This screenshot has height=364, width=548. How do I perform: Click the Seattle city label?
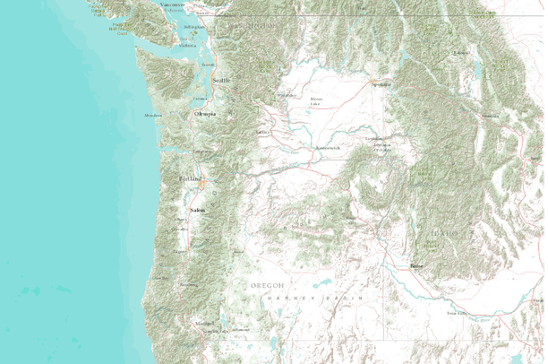coord(220,80)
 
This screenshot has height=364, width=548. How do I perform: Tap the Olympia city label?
coord(205,114)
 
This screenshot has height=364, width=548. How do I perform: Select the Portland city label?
coord(192,178)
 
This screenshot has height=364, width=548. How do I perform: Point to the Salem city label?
coord(197,210)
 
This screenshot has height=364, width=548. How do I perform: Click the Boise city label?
coord(415,266)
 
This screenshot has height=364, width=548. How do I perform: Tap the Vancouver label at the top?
coord(173,4)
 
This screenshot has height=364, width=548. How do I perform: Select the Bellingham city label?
coord(193,27)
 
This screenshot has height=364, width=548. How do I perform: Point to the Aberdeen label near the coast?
coord(153,115)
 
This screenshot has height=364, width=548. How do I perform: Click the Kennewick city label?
coord(327,148)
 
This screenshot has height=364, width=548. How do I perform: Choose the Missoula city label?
coord(491,117)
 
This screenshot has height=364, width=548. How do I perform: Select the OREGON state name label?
coord(266,284)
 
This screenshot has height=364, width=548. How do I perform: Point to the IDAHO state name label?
coord(446,233)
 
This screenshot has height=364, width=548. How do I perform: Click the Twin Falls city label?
coord(457,314)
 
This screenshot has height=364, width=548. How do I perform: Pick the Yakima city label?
coord(262,132)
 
